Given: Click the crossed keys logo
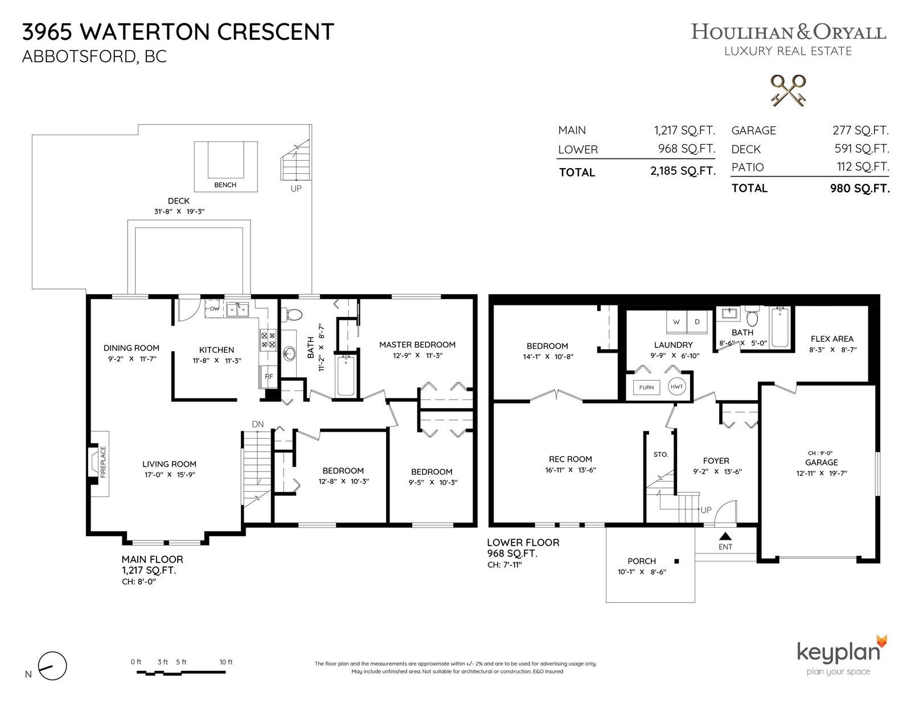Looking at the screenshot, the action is tap(788, 90).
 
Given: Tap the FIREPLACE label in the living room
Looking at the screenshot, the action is tap(103, 462).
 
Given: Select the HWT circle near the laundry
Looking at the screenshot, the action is tap(676, 386).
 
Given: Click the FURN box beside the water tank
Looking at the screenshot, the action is tap(646, 388).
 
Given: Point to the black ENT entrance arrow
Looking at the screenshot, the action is tap(725, 536).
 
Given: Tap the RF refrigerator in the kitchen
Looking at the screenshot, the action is tap(269, 376).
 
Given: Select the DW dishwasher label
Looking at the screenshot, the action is tap(215, 309).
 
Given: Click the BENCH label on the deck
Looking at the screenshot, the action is tap(225, 185).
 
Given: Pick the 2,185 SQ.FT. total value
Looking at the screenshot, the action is tap(683, 171).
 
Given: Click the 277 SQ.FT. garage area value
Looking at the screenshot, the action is tap(861, 131).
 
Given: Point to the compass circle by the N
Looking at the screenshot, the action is tap(52, 666).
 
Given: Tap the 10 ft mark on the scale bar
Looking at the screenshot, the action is tap(226, 662).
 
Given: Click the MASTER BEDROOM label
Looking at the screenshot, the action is tap(417, 345).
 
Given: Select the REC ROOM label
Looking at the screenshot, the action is tap(570, 459).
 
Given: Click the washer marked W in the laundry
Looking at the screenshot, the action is tap(676, 322).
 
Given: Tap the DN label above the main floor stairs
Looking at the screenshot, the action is tap(258, 424).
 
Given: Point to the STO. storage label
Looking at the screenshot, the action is tap(660, 454).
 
